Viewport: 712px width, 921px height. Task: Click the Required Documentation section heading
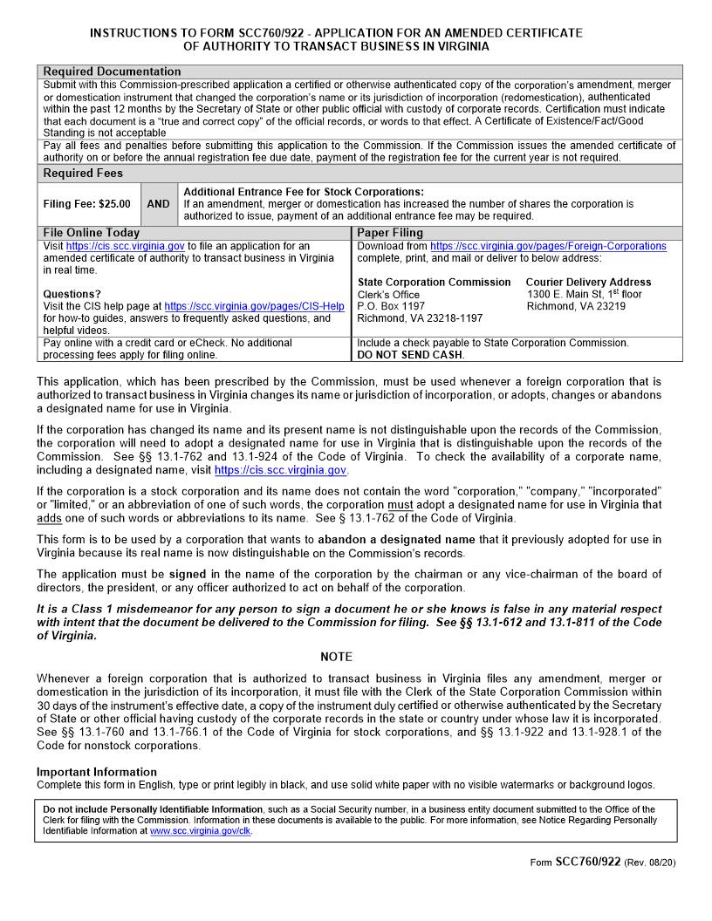click(112, 72)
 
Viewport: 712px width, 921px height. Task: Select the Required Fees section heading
click(83, 174)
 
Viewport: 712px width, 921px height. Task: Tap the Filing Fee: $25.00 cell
click(86, 204)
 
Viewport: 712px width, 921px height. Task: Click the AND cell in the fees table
click(158, 204)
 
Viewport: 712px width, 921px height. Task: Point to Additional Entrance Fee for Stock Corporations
click(304, 192)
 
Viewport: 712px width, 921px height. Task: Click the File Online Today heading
click(91, 233)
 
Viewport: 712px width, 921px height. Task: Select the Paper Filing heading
click(390, 233)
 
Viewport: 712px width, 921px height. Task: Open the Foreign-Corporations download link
click(548, 246)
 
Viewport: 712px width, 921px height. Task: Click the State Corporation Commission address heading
click(434, 283)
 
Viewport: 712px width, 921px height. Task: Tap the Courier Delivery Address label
click(588, 283)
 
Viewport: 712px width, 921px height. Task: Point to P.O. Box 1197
click(391, 306)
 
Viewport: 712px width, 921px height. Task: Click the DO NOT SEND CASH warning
click(411, 355)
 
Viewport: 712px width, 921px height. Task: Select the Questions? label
click(72, 294)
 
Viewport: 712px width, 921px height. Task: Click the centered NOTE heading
click(336, 657)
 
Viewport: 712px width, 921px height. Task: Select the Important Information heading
click(96, 772)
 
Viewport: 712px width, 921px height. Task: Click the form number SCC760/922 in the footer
click(587, 862)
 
